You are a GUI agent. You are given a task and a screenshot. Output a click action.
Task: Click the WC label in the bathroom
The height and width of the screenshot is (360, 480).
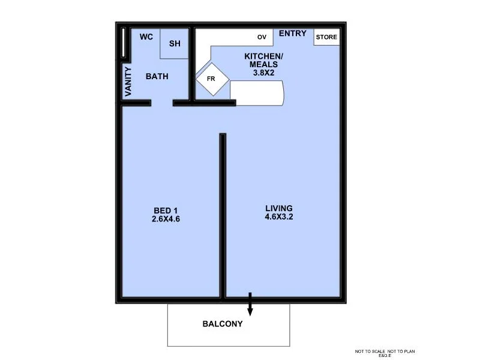146,37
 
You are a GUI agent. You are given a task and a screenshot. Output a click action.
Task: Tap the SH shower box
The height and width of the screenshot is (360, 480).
175,44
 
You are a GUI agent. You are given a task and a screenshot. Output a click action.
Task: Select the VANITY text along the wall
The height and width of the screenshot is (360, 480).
128,82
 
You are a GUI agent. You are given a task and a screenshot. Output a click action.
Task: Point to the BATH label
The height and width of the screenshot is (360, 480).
157,76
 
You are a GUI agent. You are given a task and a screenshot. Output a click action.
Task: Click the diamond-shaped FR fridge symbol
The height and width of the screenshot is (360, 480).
211,79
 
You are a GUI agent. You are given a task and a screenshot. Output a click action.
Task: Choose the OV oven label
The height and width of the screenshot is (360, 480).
262,37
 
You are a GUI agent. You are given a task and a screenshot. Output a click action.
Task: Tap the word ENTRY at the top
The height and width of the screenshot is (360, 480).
293,34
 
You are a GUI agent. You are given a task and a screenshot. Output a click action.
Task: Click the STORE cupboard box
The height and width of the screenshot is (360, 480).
327,37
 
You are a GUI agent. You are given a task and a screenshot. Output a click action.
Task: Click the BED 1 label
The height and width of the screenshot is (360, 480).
166,210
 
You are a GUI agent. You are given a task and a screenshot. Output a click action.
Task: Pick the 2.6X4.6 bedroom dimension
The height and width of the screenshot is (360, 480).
166,219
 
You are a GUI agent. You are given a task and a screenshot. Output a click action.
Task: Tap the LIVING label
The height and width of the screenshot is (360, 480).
279,208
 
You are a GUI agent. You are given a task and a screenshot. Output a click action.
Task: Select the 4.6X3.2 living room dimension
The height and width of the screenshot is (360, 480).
279,217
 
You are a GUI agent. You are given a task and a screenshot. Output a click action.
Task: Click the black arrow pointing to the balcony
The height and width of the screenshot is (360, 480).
250,305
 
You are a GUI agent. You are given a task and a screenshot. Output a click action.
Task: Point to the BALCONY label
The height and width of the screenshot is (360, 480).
223,324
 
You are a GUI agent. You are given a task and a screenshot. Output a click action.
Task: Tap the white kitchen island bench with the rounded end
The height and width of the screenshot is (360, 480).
257,94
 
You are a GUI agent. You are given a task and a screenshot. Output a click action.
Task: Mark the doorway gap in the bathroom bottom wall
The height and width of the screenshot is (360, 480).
162,103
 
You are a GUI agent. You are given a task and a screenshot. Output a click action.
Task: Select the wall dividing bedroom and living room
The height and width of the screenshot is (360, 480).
223,216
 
